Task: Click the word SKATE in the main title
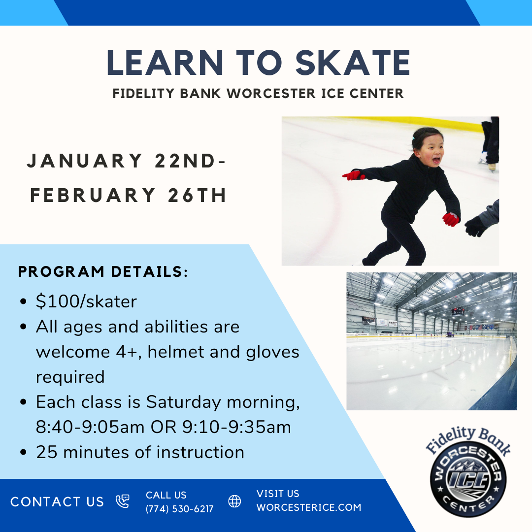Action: [353, 63]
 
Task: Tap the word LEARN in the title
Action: [165, 63]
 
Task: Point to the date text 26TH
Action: [197, 195]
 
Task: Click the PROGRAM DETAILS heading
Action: [103, 272]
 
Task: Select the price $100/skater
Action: [86, 301]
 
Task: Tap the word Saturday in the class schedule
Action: [183, 402]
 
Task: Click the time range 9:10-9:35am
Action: [237, 427]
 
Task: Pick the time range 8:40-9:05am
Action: [90, 427]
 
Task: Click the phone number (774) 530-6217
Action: [179, 509]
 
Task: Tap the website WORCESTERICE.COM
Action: [309, 507]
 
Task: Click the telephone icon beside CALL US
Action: [123, 501]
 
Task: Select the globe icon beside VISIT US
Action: [234, 501]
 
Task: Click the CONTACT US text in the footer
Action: [57, 502]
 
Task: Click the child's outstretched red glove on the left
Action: [353, 175]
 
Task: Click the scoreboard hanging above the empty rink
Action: [458, 311]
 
